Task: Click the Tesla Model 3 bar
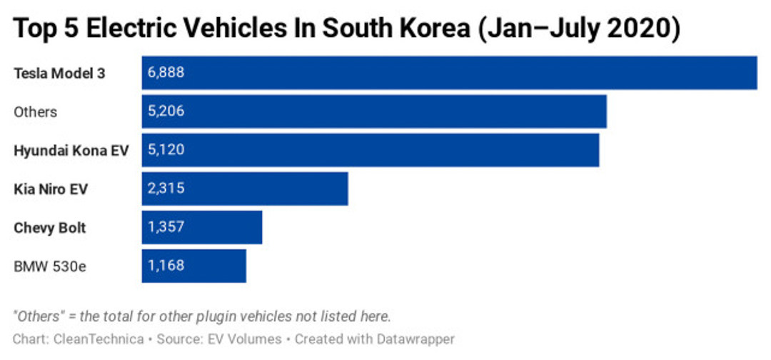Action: (x=449, y=73)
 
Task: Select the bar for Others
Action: (x=374, y=111)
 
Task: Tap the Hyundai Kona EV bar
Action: (x=371, y=150)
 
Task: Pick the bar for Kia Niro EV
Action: (x=245, y=189)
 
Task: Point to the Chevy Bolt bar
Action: (x=202, y=227)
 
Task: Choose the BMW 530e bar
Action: (x=194, y=266)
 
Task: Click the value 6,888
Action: (x=166, y=73)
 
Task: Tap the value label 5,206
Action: (x=166, y=111)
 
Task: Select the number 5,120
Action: (x=166, y=150)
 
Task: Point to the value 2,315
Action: (x=166, y=189)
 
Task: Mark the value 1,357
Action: (x=166, y=227)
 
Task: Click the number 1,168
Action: (x=166, y=266)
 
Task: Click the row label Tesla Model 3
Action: (x=59, y=73)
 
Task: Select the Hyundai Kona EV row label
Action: (x=71, y=151)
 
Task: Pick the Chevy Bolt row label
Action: (x=50, y=228)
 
